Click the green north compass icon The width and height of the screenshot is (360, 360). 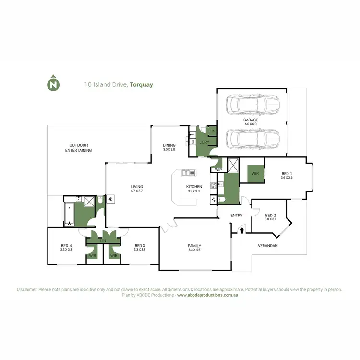[53, 84]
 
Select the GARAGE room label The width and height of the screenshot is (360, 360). [250, 120]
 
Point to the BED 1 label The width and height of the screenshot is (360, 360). [287, 175]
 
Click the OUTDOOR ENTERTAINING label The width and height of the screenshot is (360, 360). [79, 147]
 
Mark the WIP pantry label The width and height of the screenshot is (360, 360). [218, 170]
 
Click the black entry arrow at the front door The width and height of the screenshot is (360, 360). [241, 230]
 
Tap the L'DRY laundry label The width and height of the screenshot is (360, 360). [204, 143]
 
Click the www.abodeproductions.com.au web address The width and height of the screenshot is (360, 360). [208, 296]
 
